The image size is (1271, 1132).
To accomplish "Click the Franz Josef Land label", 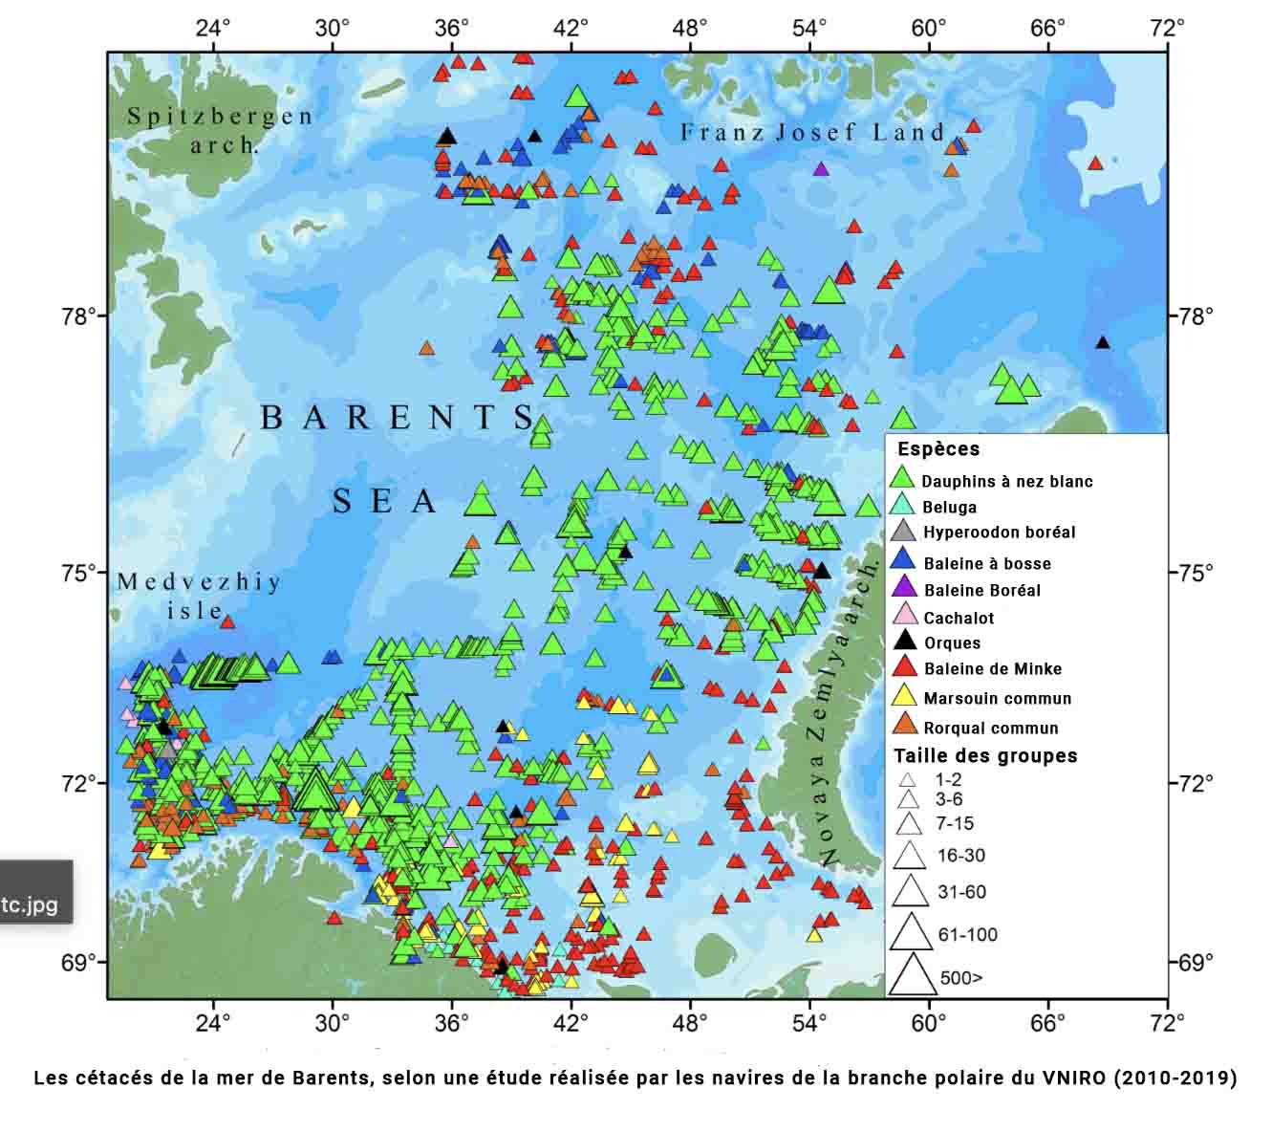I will tap(812, 133).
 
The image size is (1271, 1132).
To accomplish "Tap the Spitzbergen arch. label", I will tap(220, 130).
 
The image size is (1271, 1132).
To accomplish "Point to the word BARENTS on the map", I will tap(398, 418).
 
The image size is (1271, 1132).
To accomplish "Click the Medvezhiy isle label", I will tap(199, 595).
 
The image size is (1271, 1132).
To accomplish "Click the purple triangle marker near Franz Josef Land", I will tap(820, 169).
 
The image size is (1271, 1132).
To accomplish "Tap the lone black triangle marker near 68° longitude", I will tap(1102, 343).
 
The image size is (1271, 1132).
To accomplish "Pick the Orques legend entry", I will tap(952, 642).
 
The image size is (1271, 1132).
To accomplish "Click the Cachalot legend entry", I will tap(958, 618).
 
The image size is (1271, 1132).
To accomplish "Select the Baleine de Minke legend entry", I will tap(992, 668).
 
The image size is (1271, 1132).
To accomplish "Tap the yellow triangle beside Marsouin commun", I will tap(905, 697).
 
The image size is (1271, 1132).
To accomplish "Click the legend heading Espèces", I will tap(937, 448).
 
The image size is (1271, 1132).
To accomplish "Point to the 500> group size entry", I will tap(960, 977).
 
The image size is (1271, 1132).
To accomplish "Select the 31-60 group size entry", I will tap(961, 892).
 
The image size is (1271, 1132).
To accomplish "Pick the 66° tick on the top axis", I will tap(1047, 27).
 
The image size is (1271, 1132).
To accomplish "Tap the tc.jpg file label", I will tap(29, 904).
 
